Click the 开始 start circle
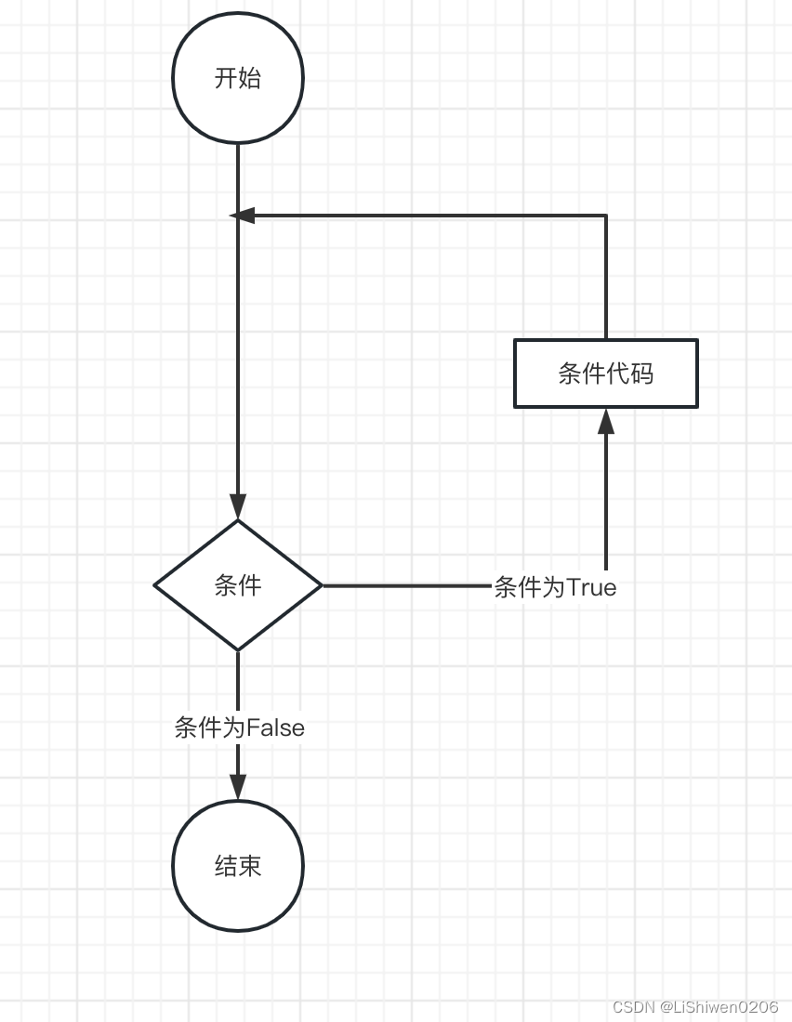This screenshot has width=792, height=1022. coord(238,78)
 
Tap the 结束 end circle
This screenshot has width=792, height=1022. coord(238,865)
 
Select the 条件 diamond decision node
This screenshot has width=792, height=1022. coord(238,585)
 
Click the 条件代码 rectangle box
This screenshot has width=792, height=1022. coord(606,373)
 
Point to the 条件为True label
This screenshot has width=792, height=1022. coord(555,587)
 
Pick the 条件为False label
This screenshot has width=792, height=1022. coord(239,727)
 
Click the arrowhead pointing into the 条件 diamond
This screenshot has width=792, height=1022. coord(238,506)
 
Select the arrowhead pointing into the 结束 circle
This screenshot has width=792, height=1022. coord(238,786)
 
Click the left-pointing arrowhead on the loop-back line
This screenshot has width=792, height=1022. coord(242,216)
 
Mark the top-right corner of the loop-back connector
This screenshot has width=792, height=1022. coord(606,216)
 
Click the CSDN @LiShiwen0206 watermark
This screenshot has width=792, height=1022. coord(695,1007)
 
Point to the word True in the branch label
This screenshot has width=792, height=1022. coord(591,587)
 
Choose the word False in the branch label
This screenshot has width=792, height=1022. coord(275,727)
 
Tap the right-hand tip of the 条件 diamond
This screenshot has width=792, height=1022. coord(321,585)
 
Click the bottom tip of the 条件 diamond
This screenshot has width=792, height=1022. coord(238,649)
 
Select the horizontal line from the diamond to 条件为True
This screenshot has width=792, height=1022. coord(405,585)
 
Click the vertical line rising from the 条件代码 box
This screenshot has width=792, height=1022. coord(606,279)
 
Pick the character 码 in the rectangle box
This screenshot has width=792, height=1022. coord(641,373)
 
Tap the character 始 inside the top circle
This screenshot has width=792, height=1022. coord(249,78)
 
